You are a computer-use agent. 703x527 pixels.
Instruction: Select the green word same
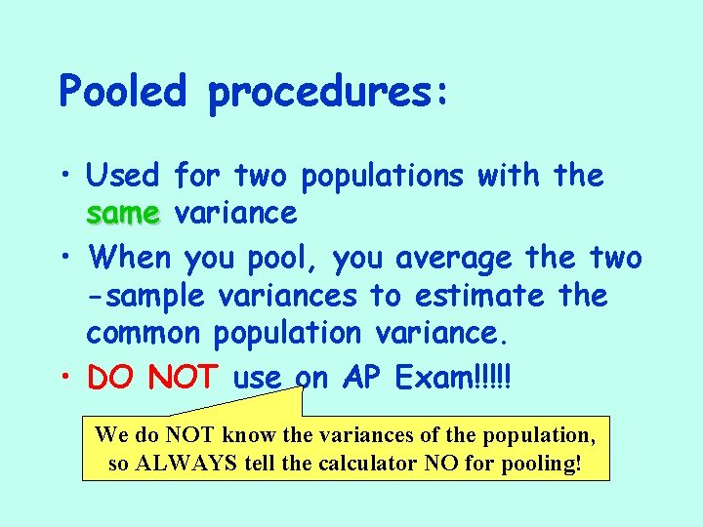[x=121, y=213]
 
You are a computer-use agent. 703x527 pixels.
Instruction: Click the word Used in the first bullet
[x=122, y=176]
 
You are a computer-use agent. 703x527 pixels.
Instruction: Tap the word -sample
[x=146, y=296]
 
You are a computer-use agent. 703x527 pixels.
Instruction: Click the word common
[x=143, y=333]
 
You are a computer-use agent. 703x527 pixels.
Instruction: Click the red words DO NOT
[x=156, y=378]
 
